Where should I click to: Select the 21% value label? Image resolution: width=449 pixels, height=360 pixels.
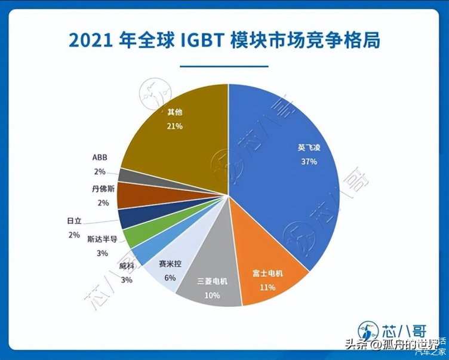coord(175,127)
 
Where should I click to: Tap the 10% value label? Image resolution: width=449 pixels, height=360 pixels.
coord(212,294)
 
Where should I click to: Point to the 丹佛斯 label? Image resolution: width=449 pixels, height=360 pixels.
coord(96,190)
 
